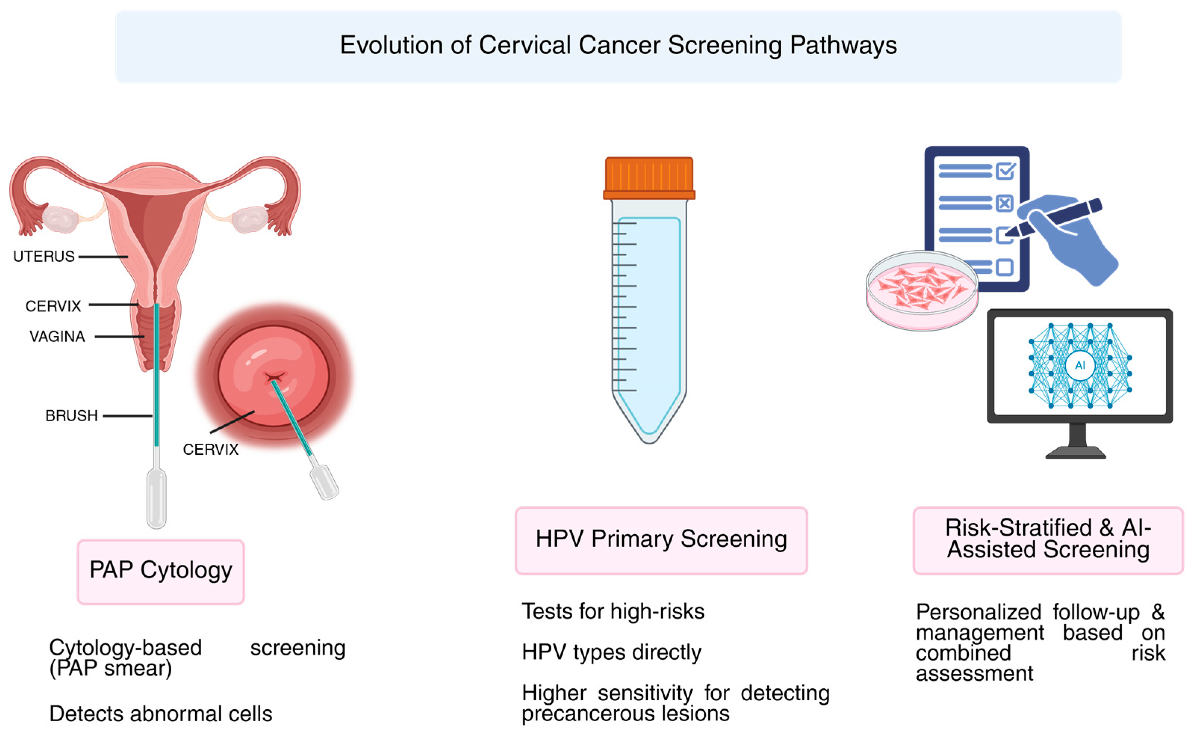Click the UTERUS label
tap(44, 256)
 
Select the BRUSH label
tap(71, 416)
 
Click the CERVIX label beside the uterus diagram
tap(53, 306)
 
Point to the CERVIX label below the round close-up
tap(211, 450)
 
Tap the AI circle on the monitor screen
tap(1079, 365)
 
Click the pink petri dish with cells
tap(922, 290)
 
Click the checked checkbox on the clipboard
tap(1005, 171)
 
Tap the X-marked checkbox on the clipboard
tap(1004, 203)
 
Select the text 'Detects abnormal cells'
tap(161, 714)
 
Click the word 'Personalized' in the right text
tap(978, 612)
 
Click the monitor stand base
tap(1076, 454)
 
